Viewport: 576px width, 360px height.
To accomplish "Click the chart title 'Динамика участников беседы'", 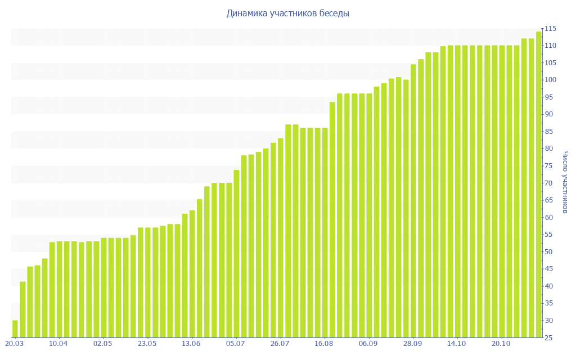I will (287, 13).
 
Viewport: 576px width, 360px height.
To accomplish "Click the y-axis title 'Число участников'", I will (565, 183).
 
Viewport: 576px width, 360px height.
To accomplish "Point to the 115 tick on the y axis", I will (550, 29).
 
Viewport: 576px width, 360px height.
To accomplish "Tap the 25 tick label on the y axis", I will (549, 338).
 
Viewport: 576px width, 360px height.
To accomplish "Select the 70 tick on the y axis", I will (549, 183).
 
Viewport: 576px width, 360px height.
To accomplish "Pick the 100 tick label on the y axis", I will (550, 80).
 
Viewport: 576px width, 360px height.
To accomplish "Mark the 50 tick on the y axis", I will (549, 252).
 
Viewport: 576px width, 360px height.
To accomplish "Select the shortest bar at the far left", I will (15, 329).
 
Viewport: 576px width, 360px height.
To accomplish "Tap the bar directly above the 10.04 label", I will (59, 290).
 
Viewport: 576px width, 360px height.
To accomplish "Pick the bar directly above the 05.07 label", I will (236, 254).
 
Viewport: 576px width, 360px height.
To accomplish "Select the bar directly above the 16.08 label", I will (325, 233).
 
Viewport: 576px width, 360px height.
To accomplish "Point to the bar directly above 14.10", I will (457, 191).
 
